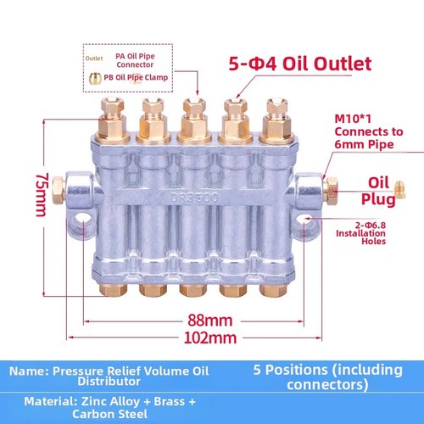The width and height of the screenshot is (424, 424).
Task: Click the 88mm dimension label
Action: point(210,321)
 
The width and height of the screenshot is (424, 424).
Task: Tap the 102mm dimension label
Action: point(210,338)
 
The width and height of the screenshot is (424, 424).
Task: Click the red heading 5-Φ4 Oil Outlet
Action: point(300,64)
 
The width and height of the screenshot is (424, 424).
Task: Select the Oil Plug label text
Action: point(378,192)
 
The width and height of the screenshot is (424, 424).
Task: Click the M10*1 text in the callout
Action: point(353,119)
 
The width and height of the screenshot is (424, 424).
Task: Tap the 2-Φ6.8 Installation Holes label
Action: point(360,233)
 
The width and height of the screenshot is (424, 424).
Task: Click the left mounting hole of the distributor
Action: point(83,221)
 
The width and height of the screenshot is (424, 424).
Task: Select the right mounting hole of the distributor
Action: point(304,222)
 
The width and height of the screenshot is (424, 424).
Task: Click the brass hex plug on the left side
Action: point(59,190)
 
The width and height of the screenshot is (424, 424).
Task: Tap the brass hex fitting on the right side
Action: point(331,191)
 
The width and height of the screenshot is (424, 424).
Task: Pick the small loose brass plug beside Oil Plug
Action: point(400,189)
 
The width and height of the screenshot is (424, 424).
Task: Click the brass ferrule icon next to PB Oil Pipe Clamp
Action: point(95,78)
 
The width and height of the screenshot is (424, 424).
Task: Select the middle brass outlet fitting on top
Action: point(194,120)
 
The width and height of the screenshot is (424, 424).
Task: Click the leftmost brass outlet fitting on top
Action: point(112,120)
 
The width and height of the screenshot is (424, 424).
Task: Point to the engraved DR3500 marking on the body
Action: point(195,197)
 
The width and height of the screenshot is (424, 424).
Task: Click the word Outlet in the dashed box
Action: point(94,59)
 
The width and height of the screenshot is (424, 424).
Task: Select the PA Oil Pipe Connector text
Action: point(135,60)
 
